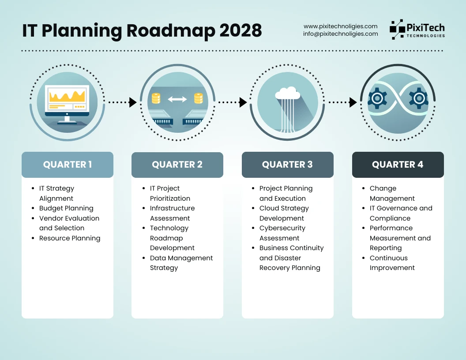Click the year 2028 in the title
(241, 30)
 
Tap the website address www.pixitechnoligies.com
(341, 26)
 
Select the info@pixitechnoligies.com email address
(341, 34)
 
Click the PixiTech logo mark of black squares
(397, 29)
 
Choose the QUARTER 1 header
(68, 165)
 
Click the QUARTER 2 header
(177, 165)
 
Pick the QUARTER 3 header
(287, 165)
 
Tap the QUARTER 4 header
(398, 165)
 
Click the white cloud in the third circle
(287, 93)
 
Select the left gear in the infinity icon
(377, 98)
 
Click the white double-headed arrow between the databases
(177, 99)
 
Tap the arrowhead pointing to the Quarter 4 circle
(353, 102)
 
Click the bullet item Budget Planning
(66, 208)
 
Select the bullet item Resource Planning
(70, 238)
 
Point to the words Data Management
(181, 258)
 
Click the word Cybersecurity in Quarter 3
(282, 228)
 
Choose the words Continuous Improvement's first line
(389, 258)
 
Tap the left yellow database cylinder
(156, 98)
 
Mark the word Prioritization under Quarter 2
(170, 199)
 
